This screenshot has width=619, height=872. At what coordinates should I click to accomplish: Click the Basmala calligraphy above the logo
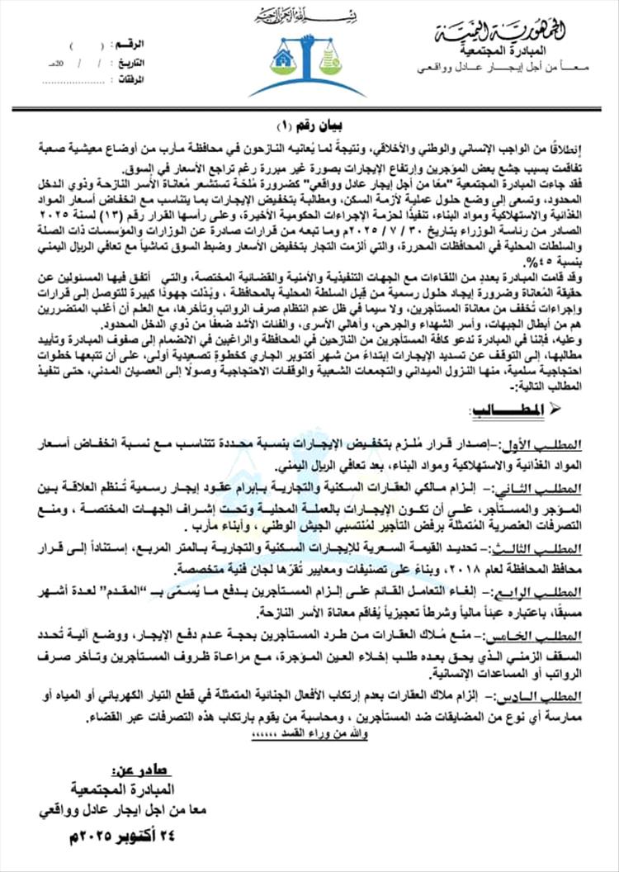[309, 17]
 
